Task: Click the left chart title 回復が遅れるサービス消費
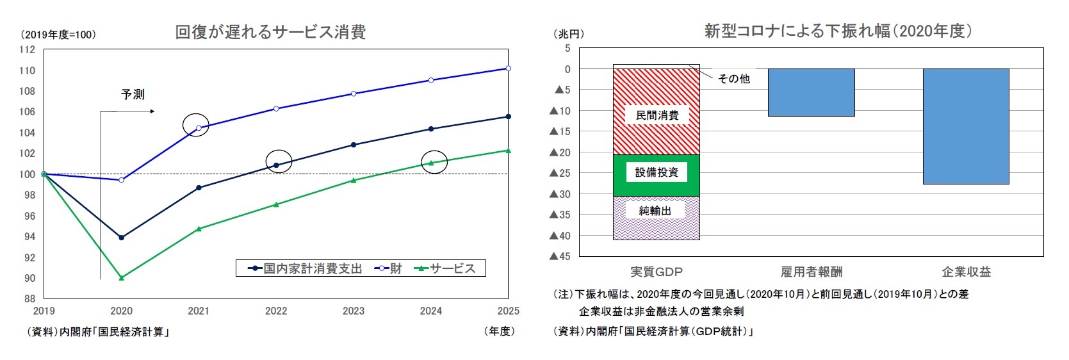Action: (270, 32)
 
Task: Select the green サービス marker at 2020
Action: (121, 278)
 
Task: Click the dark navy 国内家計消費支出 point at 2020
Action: (121, 238)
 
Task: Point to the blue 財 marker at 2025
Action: (508, 68)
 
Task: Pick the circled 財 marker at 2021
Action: (198, 128)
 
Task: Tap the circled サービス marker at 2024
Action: (431, 163)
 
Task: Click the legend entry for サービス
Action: (446, 268)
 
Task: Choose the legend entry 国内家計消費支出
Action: (306, 268)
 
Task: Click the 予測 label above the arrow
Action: (133, 94)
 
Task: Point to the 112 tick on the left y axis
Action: (27, 50)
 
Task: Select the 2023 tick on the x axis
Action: (354, 311)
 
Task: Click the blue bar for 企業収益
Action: (965, 126)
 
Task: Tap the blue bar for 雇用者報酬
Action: (811, 92)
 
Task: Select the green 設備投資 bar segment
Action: (657, 186)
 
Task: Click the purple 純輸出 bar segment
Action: (657, 227)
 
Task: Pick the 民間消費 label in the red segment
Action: (657, 115)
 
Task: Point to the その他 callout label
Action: (733, 79)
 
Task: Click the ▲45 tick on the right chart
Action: (560, 256)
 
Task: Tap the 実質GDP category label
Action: (657, 272)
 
